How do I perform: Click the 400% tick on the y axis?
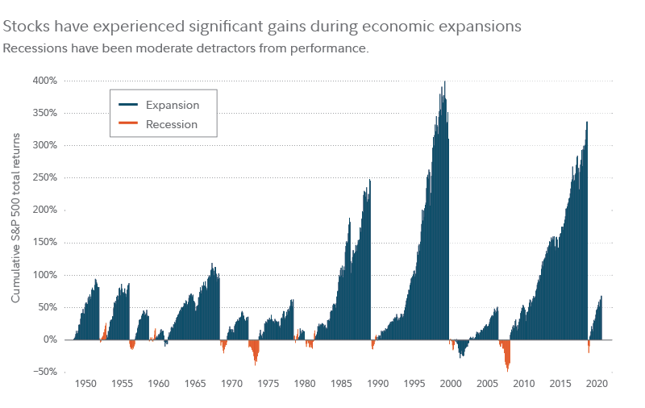point(45,81)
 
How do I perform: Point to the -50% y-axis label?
point(44,372)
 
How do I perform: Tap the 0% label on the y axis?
point(50,339)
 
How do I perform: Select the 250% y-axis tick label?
point(45,177)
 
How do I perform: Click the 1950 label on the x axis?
point(85,384)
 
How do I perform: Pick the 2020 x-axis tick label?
point(597,384)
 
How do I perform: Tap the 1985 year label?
point(341,384)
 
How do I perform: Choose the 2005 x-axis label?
point(488,384)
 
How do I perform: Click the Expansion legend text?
point(173,105)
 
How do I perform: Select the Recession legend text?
point(172,124)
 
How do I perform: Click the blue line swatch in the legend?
point(128,105)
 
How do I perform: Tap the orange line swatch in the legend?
point(128,124)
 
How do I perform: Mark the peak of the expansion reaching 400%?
point(445,82)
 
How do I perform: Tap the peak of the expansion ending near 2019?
point(587,123)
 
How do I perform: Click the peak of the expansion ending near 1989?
point(369,181)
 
